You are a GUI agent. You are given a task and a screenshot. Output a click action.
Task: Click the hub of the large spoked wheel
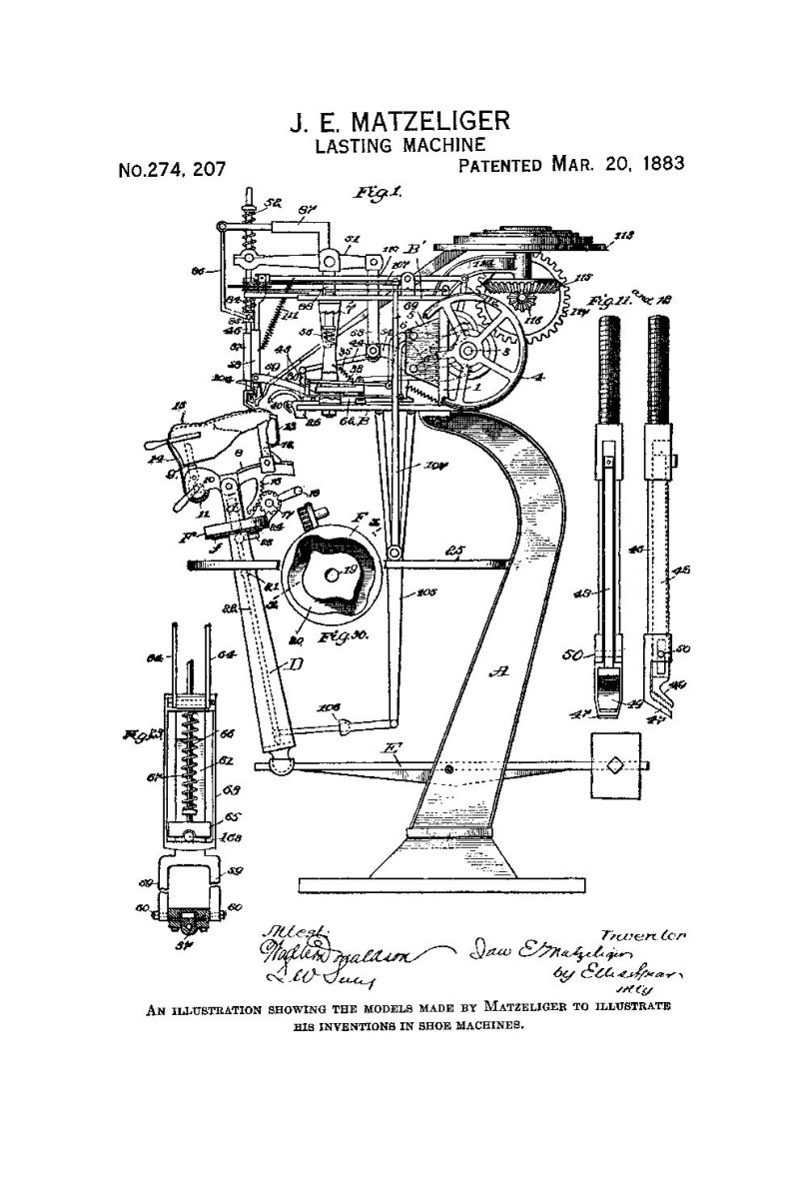(x=475, y=351)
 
